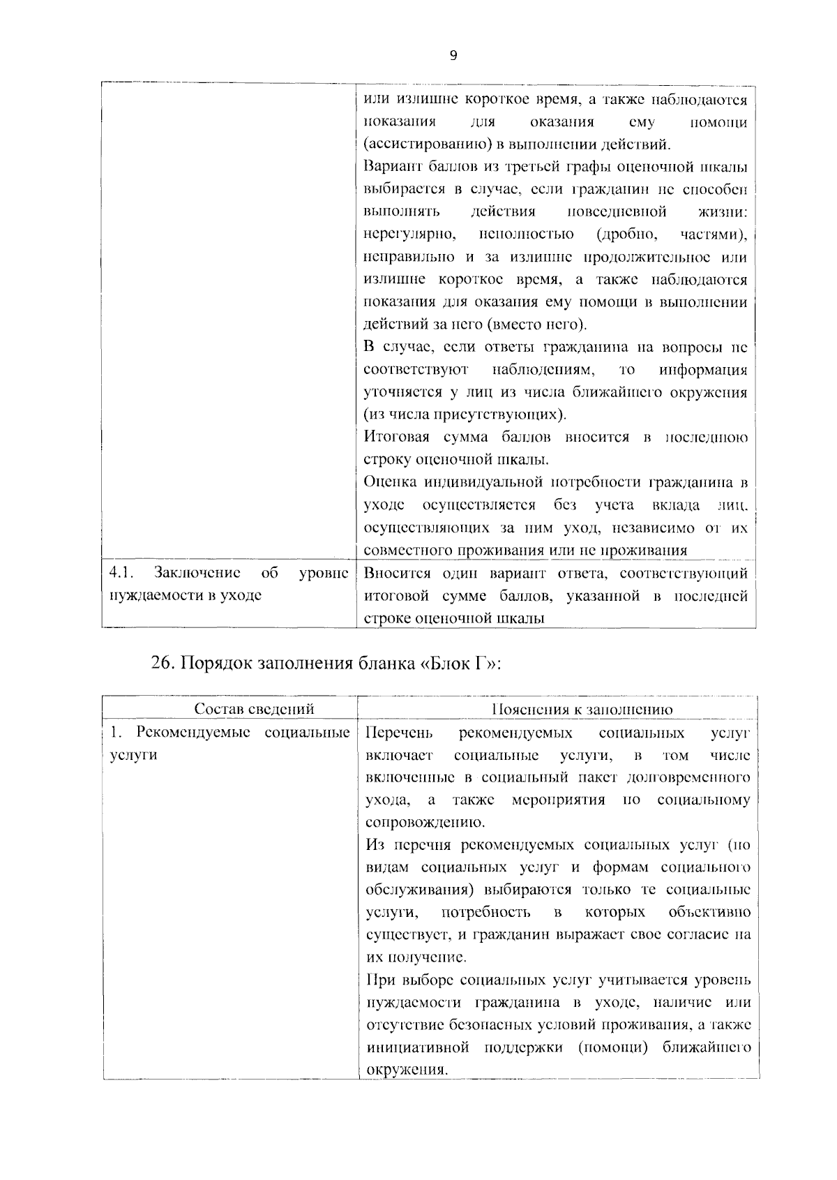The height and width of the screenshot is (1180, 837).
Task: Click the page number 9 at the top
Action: click(x=453, y=57)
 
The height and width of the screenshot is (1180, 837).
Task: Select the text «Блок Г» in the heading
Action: click(x=461, y=664)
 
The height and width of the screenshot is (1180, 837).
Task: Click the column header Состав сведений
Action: click(x=254, y=709)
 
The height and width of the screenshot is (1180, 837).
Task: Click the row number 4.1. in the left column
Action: click(x=121, y=573)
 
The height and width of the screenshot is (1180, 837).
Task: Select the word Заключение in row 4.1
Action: click(x=197, y=573)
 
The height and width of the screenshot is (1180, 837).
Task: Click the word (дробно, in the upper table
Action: click(x=621, y=234)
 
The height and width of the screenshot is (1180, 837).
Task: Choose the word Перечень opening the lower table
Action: click(x=400, y=732)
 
